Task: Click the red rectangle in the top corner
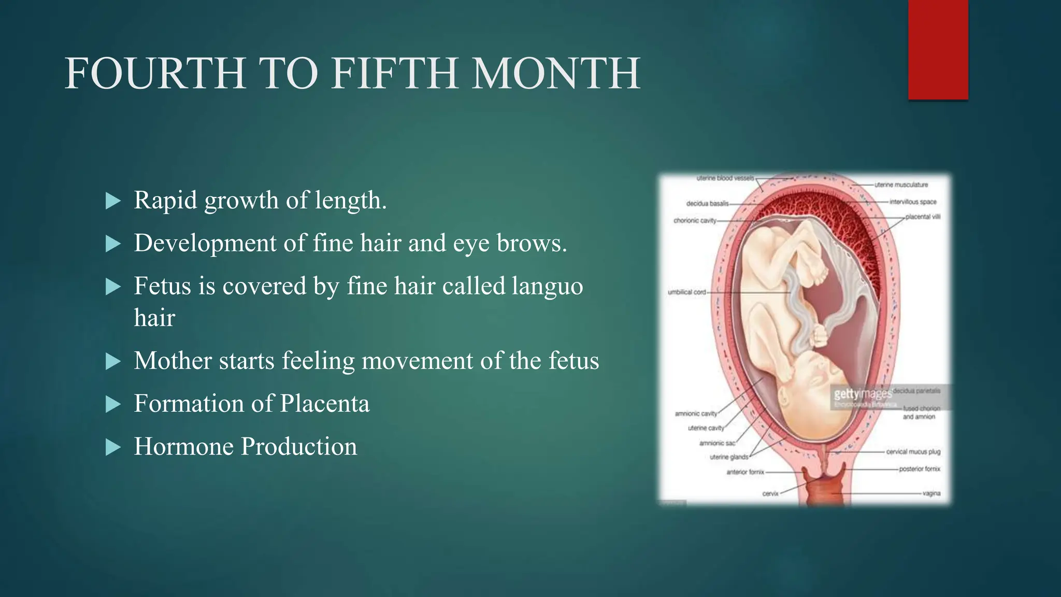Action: pyautogui.click(x=938, y=50)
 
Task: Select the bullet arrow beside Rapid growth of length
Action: pyautogui.click(x=113, y=201)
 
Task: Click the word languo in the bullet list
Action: pyautogui.click(x=547, y=286)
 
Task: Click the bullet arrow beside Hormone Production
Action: pyautogui.click(x=113, y=447)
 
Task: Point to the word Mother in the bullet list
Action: pyautogui.click(x=173, y=361)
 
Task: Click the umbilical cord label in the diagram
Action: pyautogui.click(x=687, y=292)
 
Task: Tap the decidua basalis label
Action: pyautogui.click(x=707, y=204)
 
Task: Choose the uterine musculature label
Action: pyautogui.click(x=901, y=184)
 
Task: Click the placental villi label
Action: pyautogui.click(x=923, y=217)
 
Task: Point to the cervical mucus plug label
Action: pyautogui.click(x=913, y=452)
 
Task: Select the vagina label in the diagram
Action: pyautogui.click(x=931, y=493)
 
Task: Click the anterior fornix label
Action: pyautogui.click(x=745, y=472)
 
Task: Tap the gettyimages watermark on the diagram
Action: pyautogui.click(x=862, y=394)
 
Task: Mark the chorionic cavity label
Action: pyautogui.click(x=695, y=221)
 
